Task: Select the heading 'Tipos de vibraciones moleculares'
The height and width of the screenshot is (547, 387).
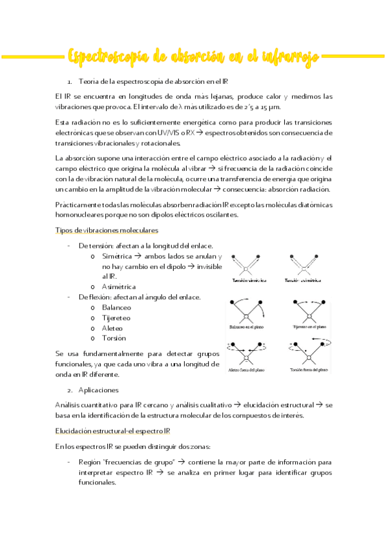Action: tap(107, 230)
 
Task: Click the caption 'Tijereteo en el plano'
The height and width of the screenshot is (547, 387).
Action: tap(309, 327)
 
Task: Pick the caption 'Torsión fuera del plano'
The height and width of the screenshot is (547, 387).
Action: tap(309, 370)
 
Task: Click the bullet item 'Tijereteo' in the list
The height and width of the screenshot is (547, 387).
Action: tap(116, 317)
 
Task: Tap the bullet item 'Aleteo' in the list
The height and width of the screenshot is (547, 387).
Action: tap(112, 328)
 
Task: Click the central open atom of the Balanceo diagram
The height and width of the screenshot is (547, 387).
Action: tap(246, 314)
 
